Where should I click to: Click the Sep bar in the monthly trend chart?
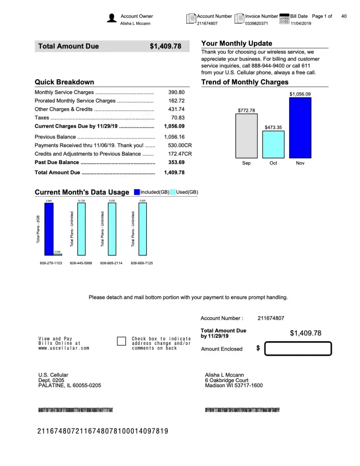[x=246, y=135]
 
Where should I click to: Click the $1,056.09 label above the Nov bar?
[x=300, y=94]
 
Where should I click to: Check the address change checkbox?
[x=121, y=341]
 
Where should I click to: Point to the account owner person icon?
[x=112, y=18]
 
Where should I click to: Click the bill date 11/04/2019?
[x=300, y=23]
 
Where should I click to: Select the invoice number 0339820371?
[x=257, y=23]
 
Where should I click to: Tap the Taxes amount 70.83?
[x=178, y=118]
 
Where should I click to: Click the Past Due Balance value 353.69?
[x=177, y=162]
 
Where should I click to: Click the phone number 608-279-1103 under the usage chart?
[x=51, y=263]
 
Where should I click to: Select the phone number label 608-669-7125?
[x=142, y=263]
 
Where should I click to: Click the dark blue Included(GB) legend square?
[x=137, y=192]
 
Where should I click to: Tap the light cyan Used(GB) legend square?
[x=173, y=192]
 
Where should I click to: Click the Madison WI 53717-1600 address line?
[x=234, y=385]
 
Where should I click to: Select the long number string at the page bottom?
[x=102, y=431]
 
